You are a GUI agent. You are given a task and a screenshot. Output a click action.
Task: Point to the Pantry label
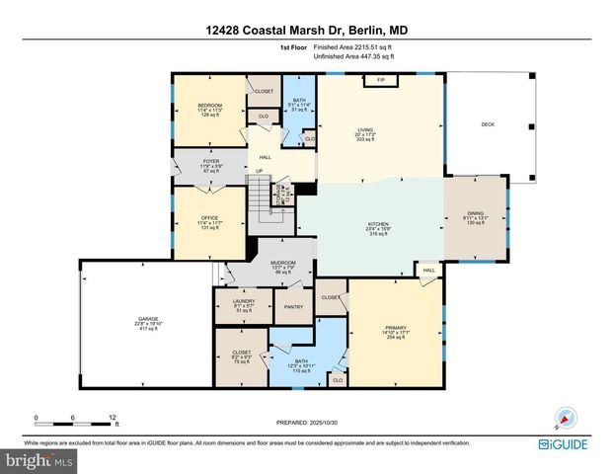click(293, 307)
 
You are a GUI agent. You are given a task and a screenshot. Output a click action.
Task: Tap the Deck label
click(488, 124)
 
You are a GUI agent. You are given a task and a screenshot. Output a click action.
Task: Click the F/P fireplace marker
click(380, 79)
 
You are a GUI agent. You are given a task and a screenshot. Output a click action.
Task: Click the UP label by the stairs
click(260, 171)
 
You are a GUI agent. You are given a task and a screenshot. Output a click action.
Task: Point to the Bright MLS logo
click(39, 459)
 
